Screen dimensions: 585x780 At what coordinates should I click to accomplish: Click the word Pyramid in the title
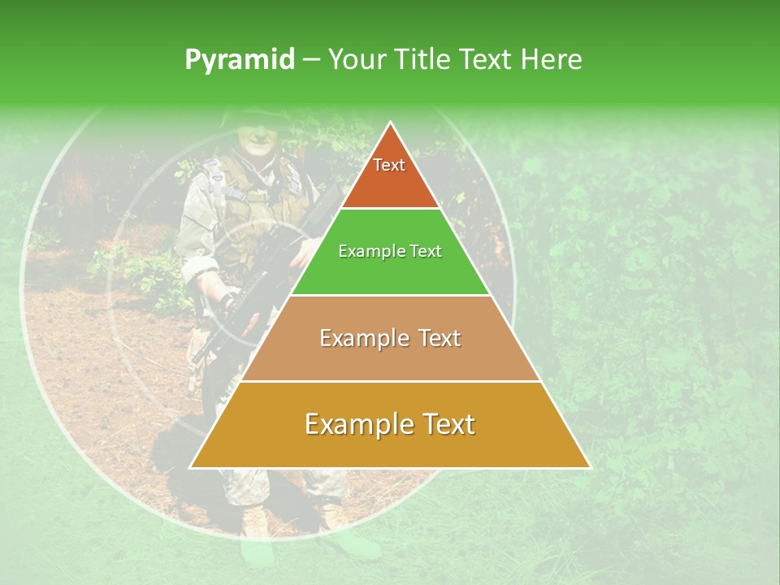pos(239,60)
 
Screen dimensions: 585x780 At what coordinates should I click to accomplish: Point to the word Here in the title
pos(551,59)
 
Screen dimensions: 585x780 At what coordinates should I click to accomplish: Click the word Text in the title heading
pos(486,59)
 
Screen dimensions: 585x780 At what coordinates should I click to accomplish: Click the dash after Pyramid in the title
pos(310,60)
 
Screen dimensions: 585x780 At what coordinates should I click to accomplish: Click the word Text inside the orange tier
pos(389,165)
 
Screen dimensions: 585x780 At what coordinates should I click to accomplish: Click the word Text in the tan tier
pos(440,338)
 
